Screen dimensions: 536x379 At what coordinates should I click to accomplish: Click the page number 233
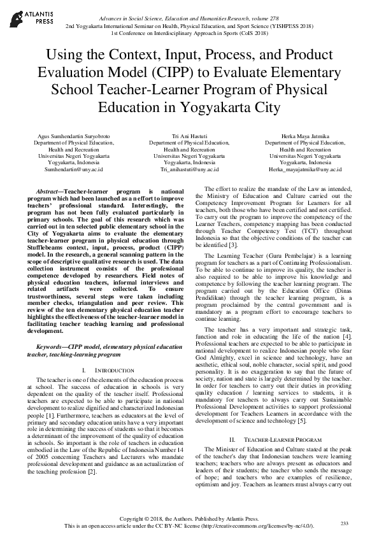[x=345, y=523]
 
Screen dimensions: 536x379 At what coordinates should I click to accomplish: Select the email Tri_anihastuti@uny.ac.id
[x=189, y=170]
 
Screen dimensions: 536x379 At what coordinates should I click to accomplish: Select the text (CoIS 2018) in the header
[x=237, y=33]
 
